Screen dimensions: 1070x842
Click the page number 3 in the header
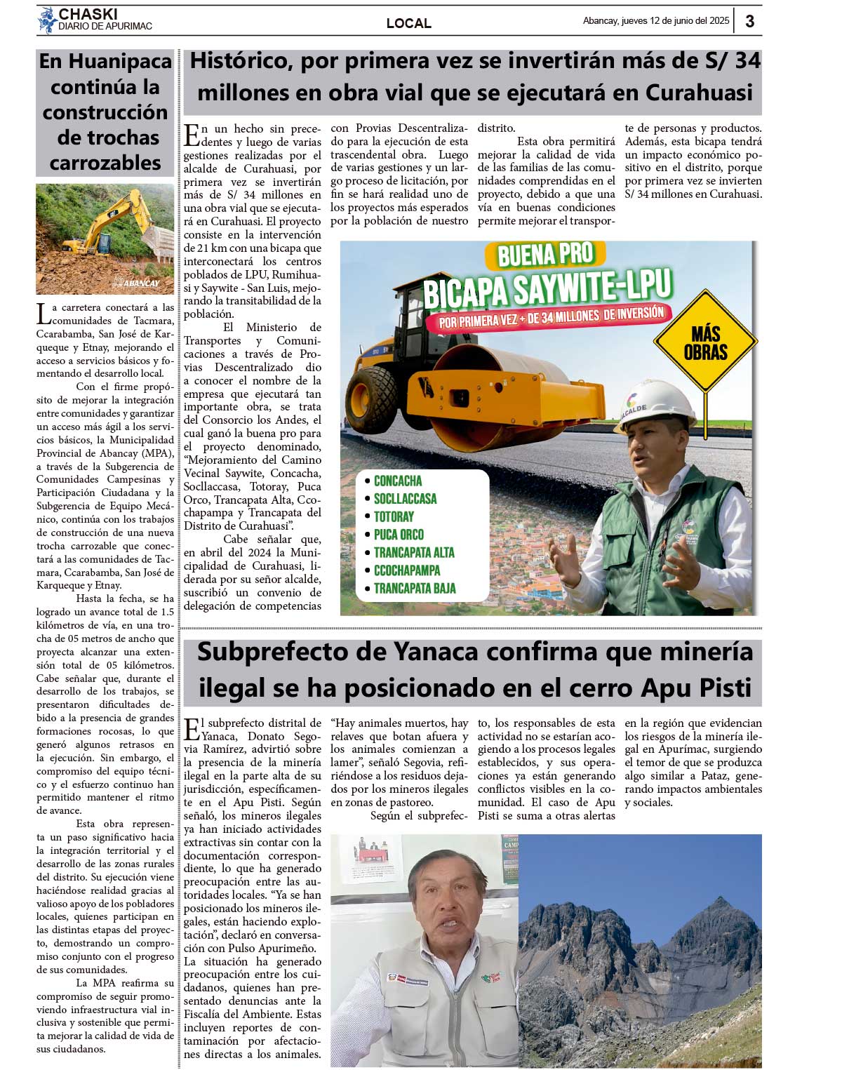(x=749, y=21)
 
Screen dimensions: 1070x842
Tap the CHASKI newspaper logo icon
(x=47, y=20)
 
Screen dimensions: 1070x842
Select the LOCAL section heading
(x=408, y=23)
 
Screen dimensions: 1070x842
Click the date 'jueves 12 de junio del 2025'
(x=675, y=21)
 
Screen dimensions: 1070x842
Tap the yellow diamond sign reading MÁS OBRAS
(x=705, y=342)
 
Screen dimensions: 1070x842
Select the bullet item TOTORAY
(x=394, y=516)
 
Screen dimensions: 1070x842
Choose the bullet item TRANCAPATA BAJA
(x=414, y=588)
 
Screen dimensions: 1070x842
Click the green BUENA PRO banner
(x=545, y=255)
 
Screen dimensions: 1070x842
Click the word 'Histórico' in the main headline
(x=241, y=60)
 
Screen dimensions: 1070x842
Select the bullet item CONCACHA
(x=397, y=481)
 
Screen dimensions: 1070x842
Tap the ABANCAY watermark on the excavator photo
(x=141, y=283)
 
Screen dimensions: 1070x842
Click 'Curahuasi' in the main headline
(x=699, y=93)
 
